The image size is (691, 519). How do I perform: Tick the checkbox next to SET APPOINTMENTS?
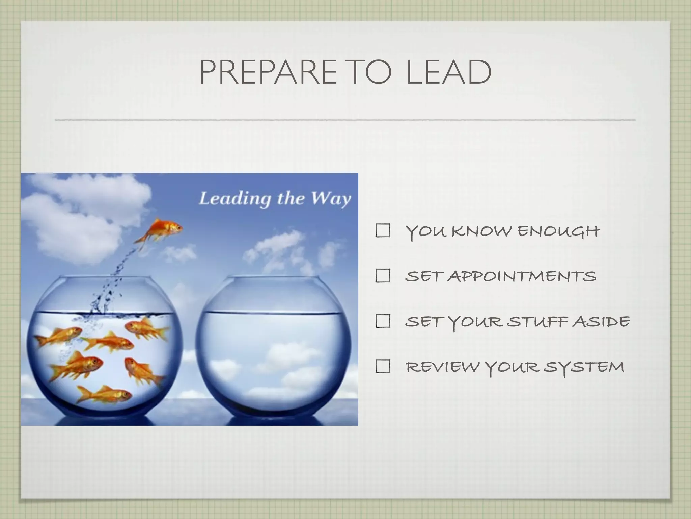point(383,276)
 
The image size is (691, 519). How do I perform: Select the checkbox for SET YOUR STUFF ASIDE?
point(383,321)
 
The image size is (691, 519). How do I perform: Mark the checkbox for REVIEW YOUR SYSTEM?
point(383,366)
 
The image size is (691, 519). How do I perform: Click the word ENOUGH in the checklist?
point(558,231)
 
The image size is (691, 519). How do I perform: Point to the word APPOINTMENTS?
point(523,276)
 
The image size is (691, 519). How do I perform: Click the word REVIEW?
point(442,367)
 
